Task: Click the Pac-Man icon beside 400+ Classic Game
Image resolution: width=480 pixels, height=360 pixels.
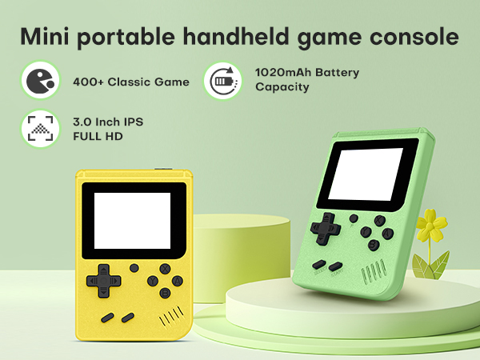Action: [39, 81]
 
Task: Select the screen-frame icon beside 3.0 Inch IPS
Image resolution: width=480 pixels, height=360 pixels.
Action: [39, 128]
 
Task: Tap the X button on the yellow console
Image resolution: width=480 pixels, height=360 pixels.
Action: [164, 269]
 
